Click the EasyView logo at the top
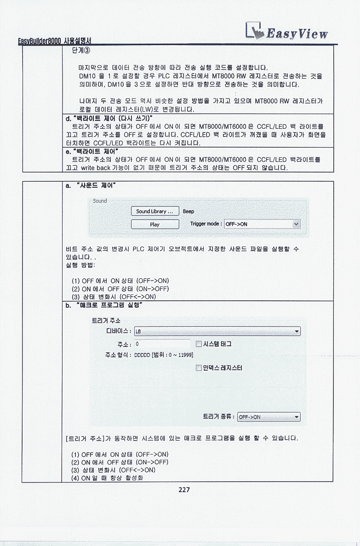286,32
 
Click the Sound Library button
155,212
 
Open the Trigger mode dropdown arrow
296,224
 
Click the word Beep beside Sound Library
189,212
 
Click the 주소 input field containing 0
163,344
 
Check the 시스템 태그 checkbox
199,344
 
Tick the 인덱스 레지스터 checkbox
199,368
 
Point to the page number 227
184,489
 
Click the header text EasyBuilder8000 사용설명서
55,41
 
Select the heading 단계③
81,51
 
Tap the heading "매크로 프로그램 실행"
109,305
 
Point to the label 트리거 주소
106,321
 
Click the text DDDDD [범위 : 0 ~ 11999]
164,355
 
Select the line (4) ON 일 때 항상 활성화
107,478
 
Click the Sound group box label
100,201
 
